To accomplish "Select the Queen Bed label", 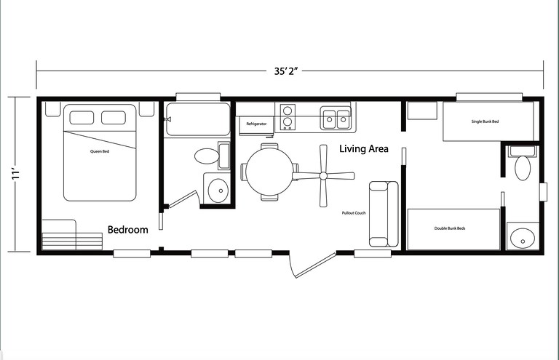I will pos(100,151).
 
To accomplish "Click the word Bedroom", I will pos(128,230).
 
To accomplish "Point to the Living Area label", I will pos(364,149).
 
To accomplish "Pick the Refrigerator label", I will pos(256,124).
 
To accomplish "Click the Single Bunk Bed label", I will pos(485,121).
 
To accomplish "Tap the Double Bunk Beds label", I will pos(450,228).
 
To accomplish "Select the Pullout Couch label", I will pos(353,213).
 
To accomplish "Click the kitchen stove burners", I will pos(288,117).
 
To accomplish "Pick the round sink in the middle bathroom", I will pos(217,190).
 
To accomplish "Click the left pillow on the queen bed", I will pos(82,118).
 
